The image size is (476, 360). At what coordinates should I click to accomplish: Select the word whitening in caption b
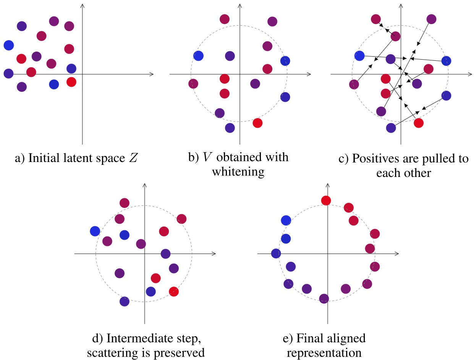click(x=238, y=172)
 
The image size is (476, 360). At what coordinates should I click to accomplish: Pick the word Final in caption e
click(x=316, y=338)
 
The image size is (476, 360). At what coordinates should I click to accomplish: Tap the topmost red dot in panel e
click(x=326, y=200)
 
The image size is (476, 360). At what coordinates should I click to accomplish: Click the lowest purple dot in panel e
click(x=324, y=298)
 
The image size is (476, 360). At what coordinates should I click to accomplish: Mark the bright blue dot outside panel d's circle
click(x=95, y=231)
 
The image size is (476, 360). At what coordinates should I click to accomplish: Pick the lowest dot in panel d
click(x=125, y=301)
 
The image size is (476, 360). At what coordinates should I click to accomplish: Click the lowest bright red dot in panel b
click(x=257, y=123)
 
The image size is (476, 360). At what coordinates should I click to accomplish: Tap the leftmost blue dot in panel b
click(x=198, y=56)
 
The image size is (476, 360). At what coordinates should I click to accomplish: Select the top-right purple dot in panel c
click(x=431, y=18)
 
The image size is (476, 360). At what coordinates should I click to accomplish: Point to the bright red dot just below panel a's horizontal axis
click(x=71, y=81)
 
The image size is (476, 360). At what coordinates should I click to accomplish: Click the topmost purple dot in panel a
click(x=54, y=21)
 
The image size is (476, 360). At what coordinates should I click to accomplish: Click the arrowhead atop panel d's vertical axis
click(x=144, y=185)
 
